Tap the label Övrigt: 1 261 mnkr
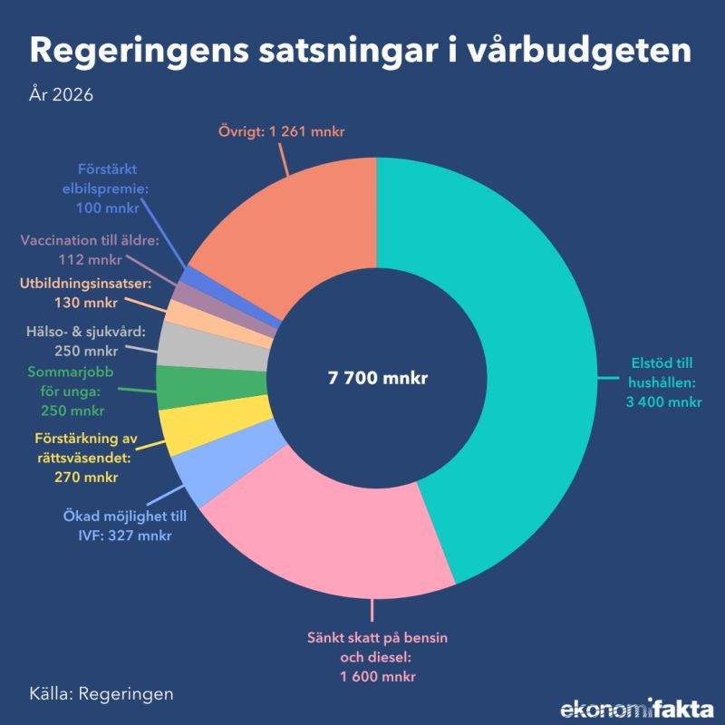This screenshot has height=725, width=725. [282, 132]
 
